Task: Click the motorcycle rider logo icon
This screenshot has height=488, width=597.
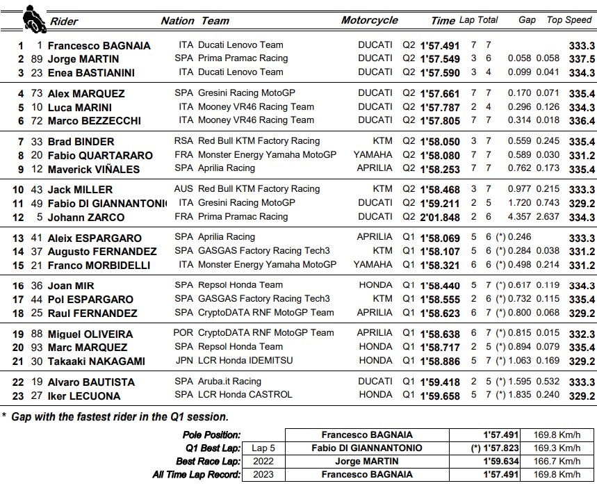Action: tap(30, 17)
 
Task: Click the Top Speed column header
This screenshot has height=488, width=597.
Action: tap(569, 20)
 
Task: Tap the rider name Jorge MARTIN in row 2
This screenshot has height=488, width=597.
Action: tap(83, 59)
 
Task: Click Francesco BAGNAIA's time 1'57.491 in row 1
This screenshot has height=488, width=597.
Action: tap(440, 45)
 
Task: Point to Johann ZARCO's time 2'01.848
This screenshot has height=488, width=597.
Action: tap(440, 217)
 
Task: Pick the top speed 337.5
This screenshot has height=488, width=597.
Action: tap(582, 59)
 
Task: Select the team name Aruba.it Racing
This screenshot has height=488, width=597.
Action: tap(230, 382)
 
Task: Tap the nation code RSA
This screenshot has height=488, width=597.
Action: tap(183, 141)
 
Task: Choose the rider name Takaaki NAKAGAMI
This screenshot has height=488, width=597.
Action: tap(97, 361)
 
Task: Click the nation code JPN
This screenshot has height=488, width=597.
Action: tap(184, 361)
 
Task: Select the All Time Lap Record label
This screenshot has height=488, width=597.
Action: tap(196, 475)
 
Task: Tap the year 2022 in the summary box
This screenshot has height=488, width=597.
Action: tap(263, 461)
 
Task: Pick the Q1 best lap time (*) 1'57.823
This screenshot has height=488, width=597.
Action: tap(486, 448)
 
